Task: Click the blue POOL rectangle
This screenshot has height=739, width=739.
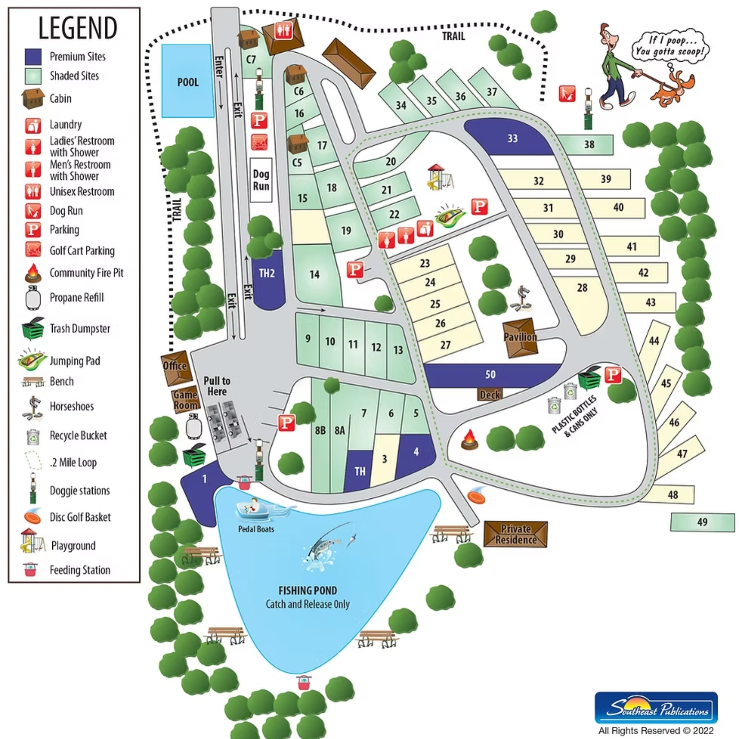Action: pyautogui.click(x=187, y=81)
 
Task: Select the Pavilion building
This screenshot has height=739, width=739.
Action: pyautogui.click(x=520, y=337)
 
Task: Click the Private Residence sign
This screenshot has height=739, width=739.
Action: pyautogui.click(x=515, y=534)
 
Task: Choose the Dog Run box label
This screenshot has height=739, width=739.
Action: pyautogui.click(x=261, y=180)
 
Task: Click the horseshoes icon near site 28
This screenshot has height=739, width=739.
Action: pyautogui.click(x=521, y=299)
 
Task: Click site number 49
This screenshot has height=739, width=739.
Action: pyautogui.click(x=702, y=522)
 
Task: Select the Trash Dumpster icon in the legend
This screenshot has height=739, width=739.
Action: pyautogui.click(x=33, y=329)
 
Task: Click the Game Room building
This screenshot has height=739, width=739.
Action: pyautogui.click(x=185, y=400)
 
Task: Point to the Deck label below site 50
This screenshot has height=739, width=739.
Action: pyautogui.click(x=490, y=394)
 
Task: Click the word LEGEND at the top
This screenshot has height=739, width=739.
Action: pyautogui.click(x=78, y=28)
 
